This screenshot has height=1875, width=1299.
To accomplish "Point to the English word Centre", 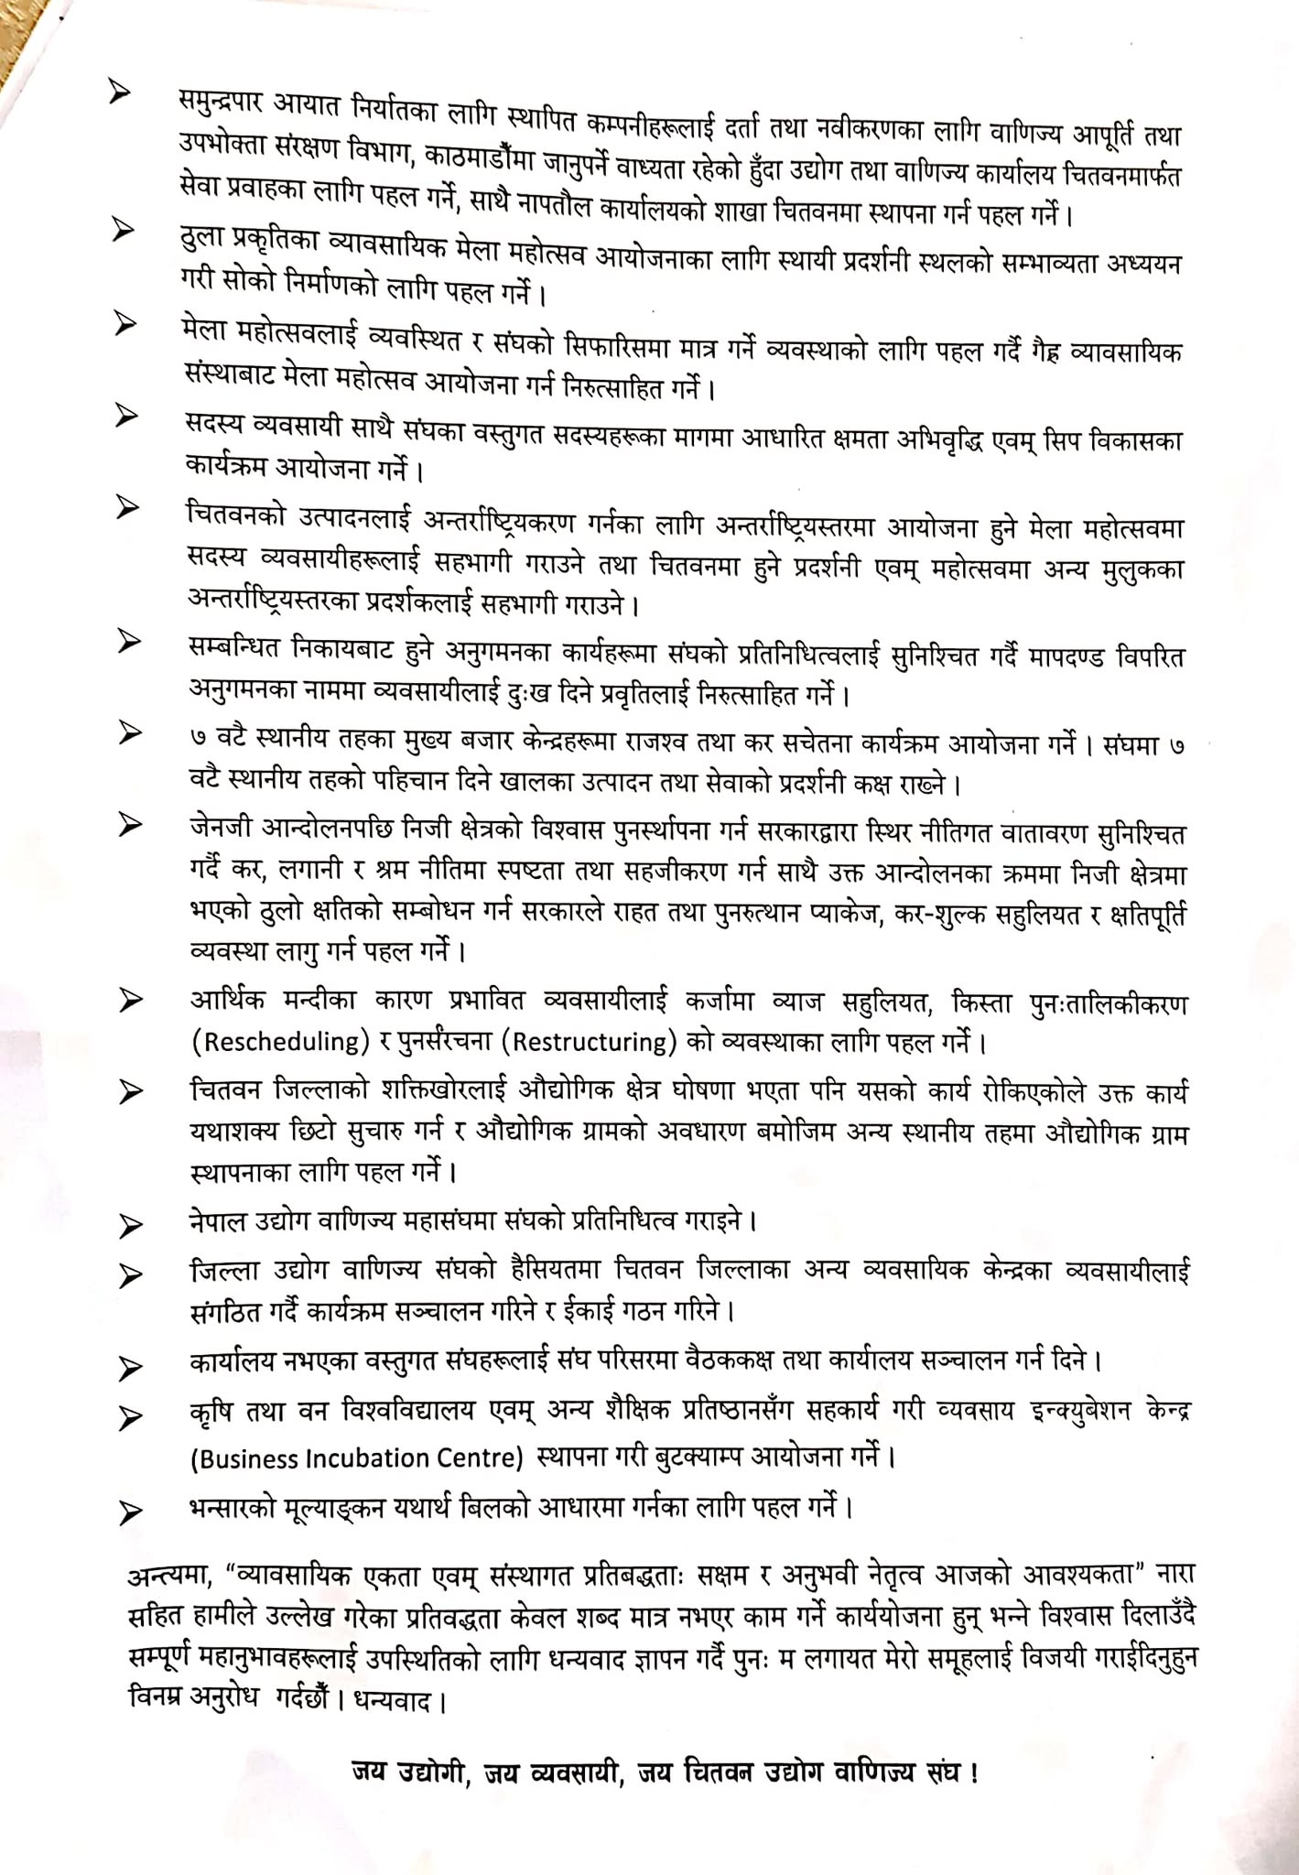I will [x=482, y=1458].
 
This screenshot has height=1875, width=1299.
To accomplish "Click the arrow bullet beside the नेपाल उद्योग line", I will [x=131, y=1225].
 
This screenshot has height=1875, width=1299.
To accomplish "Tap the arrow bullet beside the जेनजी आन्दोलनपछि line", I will [x=131, y=825].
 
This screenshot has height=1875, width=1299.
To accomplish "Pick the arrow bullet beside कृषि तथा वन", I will [x=131, y=1417].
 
